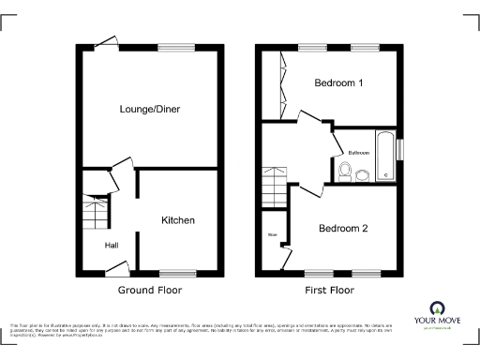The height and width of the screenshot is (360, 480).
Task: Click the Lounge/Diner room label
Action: click(149, 110)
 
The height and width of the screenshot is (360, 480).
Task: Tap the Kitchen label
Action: click(178, 220)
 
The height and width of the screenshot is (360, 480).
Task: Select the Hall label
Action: click(111, 246)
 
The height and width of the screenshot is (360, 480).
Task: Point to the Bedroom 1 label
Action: click(338, 83)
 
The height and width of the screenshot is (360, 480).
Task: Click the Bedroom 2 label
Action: click(343, 228)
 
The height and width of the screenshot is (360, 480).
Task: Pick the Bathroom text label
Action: click(358, 152)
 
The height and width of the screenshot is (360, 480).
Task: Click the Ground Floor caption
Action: click(150, 291)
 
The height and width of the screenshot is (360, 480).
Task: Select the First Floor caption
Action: click(329, 291)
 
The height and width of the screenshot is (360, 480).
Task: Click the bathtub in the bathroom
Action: click(384, 156)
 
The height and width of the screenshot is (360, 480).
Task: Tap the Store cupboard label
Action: click(273, 234)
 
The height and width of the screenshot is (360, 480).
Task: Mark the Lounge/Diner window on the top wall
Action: click(172, 47)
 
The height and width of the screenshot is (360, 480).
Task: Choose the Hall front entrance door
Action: click(116, 270)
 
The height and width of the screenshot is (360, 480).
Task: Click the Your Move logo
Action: click(436, 314)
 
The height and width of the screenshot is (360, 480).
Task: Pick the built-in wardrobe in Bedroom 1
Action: click(272, 86)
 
